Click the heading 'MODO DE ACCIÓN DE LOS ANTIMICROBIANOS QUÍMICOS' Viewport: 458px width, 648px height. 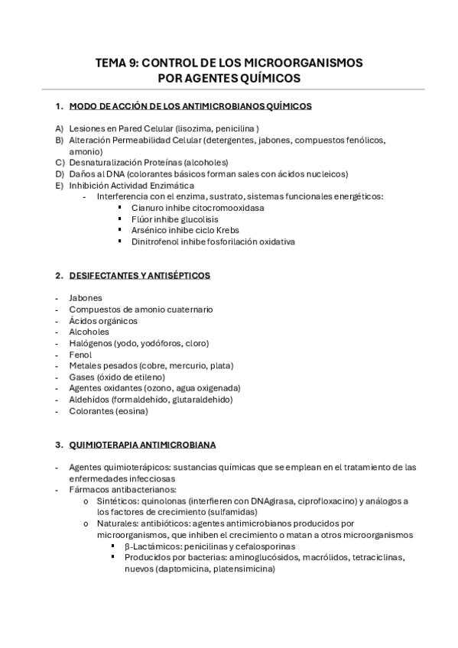190,106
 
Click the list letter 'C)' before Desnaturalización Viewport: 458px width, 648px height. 60,162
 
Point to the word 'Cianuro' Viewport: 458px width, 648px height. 146,208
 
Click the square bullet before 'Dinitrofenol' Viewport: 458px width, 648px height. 120,241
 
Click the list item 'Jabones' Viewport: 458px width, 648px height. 85,298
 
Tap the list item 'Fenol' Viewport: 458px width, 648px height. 80,355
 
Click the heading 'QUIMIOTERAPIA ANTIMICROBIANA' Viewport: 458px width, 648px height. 142,445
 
